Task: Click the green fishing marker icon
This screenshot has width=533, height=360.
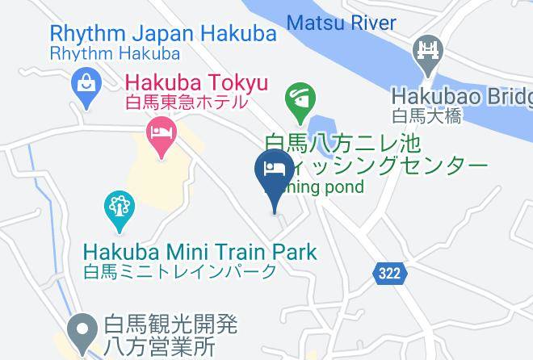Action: point(300,101)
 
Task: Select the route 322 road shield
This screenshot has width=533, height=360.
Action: point(388,274)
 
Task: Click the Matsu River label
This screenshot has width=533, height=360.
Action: point(342,22)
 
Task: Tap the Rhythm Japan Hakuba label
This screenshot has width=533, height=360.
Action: point(162,35)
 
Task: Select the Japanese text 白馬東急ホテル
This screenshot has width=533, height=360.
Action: point(186,103)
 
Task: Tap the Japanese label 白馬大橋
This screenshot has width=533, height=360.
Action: point(427,116)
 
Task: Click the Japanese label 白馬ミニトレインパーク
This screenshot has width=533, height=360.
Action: point(180,272)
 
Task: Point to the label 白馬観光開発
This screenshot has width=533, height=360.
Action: point(170,325)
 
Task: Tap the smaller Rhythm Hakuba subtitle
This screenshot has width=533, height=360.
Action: point(114,54)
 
